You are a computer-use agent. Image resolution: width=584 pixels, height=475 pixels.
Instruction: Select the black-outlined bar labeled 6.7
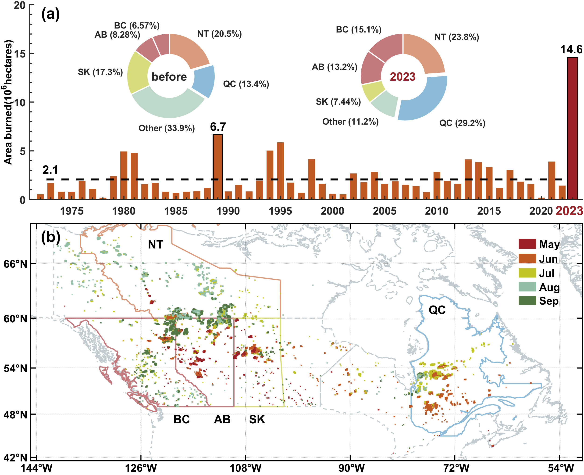pyautogui.click(x=218, y=167)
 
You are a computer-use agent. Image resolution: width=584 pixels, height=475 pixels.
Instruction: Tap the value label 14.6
pyautogui.click(x=571, y=50)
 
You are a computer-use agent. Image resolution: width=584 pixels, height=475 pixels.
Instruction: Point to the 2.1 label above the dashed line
pyautogui.click(x=50, y=170)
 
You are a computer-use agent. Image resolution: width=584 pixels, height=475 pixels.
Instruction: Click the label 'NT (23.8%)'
pyautogui.click(x=457, y=37)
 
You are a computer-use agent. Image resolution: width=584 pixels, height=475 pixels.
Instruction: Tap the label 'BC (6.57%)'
pyautogui.click(x=137, y=25)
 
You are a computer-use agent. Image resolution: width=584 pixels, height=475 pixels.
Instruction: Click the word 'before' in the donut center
pyautogui.click(x=169, y=77)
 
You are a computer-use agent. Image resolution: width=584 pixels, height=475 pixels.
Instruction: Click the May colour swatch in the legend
pyautogui.click(x=527, y=244)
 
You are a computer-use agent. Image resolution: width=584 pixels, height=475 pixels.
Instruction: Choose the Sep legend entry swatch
pyautogui.click(x=527, y=301)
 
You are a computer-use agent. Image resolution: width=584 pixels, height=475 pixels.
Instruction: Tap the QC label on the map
pyautogui.click(x=437, y=310)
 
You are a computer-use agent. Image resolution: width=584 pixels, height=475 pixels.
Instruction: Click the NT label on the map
pyautogui.click(x=156, y=245)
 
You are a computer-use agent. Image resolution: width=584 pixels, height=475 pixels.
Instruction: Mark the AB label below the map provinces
pyautogui.click(x=222, y=419)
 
